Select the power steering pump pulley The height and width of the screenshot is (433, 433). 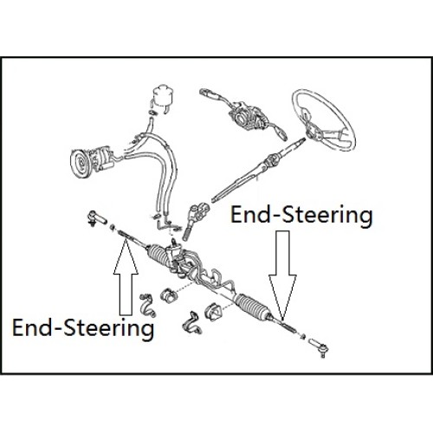tap(79, 163)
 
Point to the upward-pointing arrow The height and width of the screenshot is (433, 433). tap(126, 277)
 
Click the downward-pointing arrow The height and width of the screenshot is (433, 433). tap(282, 275)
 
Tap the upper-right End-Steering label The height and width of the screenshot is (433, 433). tap(301, 216)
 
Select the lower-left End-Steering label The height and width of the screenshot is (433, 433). tap(83, 328)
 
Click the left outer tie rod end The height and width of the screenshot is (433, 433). tap(96, 218)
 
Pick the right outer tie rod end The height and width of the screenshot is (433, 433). tap(320, 347)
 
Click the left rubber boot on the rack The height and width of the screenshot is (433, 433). tap(158, 253)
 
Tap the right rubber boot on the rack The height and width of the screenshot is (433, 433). tap(252, 307)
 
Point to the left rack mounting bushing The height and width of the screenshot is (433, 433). tap(168, 296)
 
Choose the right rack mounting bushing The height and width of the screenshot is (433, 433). tap(213, 312)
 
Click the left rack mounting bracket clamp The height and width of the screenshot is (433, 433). tap(147, 306)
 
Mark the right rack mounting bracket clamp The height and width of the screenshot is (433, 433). tap(191, 323)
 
